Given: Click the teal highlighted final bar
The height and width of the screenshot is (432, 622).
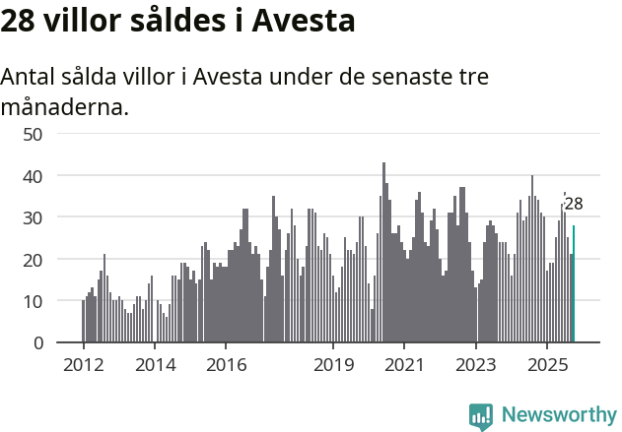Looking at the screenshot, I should [574, 284].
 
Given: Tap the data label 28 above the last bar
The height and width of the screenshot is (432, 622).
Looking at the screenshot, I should [574, 205].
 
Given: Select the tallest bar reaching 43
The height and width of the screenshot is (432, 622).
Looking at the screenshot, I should [383, 253].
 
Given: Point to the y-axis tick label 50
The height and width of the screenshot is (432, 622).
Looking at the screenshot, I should [33, 134].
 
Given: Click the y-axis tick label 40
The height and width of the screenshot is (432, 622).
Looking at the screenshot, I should [33, 176].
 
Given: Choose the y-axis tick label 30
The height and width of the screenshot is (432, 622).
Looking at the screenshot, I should [33, 217].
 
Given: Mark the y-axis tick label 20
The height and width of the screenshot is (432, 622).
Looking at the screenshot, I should [33, 260].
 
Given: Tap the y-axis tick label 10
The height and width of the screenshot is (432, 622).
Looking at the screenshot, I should [33, 301].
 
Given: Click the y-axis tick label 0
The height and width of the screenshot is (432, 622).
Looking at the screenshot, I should [37, 343].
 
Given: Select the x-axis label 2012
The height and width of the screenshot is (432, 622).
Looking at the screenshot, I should [83, 365].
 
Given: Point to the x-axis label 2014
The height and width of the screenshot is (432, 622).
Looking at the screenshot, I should [155, 365].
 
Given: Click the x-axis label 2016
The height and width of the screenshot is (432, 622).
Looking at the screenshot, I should [226, 365].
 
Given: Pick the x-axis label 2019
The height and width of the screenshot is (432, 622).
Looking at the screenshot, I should [333, 365].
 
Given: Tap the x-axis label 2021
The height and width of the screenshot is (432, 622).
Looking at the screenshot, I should [404, 365].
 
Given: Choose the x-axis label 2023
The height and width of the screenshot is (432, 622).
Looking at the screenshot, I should [476, 365].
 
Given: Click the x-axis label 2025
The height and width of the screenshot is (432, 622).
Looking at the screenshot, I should [547, 365].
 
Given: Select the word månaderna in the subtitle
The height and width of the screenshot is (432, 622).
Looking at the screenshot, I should [65, 106].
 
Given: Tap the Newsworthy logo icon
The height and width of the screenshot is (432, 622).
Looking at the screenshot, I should [481, 416].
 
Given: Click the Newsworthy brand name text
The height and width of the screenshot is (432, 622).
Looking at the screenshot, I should [558, 415].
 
